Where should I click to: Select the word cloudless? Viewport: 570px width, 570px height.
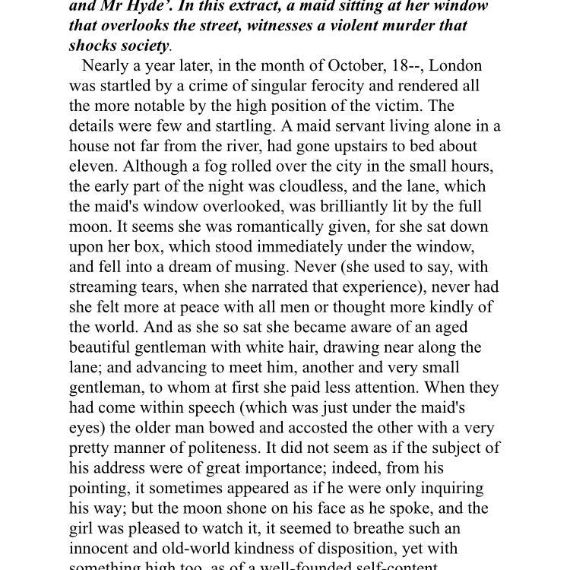[x=320, y=187]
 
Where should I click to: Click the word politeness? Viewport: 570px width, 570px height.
[x=280, y=448]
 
